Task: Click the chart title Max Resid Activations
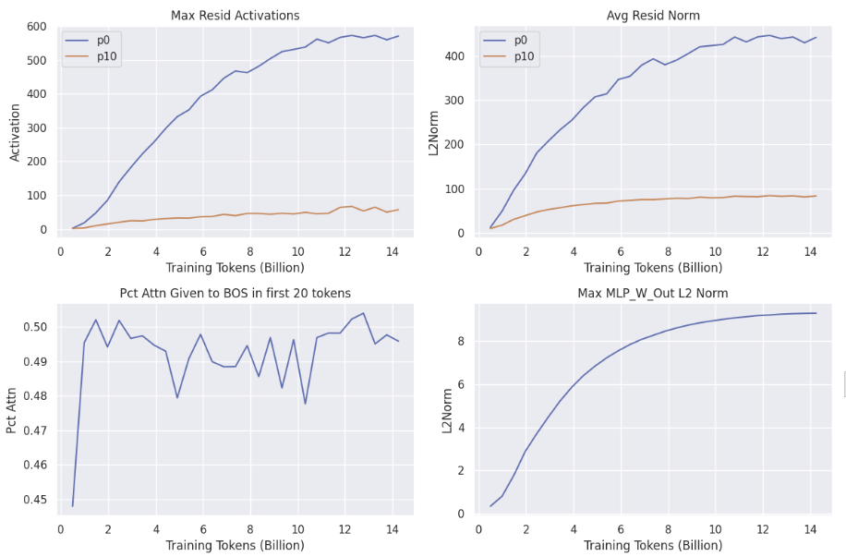point(235,16)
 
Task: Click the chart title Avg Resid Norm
point(652,16)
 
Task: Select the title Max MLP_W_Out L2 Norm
point(652,294)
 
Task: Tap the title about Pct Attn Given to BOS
point(235,294)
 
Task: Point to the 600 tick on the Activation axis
point(40,27)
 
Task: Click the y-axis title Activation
point(16,131)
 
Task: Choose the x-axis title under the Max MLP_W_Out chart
point(652,545)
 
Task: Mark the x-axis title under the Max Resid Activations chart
point(235,268)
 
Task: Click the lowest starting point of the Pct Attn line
point(72,505)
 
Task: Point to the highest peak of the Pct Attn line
point(363,313)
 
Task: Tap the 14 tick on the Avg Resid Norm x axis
point(811,251)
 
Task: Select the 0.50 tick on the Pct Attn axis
point(37,327)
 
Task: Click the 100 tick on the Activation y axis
point(40,196)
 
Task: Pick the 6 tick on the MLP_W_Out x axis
point(621,529)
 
